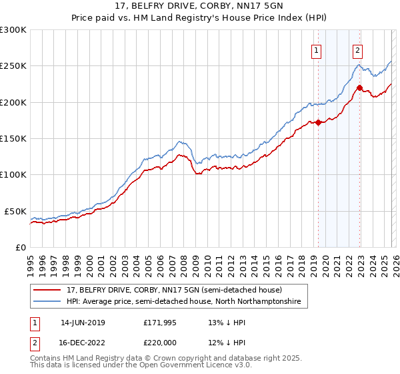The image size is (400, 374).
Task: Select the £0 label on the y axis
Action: tap(20, 247)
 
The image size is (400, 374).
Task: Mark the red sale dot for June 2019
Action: tap(318, 122)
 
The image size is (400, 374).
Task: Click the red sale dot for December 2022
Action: tap(359, 87)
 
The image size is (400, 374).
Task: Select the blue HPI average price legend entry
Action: tap(184, 302)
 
